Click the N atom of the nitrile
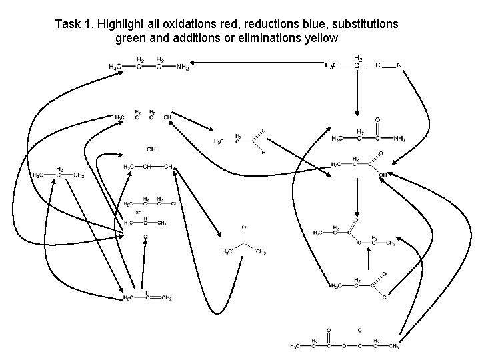399,65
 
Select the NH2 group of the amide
399,139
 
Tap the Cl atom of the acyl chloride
385,297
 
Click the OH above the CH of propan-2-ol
151,149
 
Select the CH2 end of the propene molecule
166,298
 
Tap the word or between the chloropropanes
138,212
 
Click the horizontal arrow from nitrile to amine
260,64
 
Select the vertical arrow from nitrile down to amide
357,93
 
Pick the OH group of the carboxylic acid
384,175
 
